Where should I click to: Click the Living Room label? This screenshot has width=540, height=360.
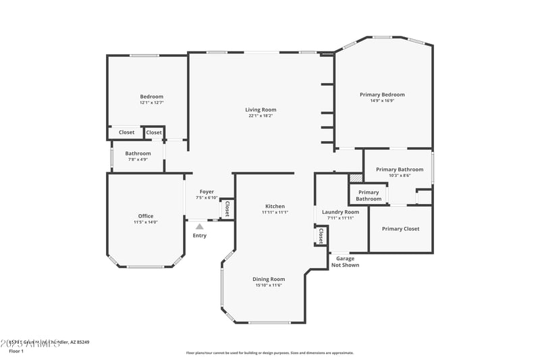point(260,109)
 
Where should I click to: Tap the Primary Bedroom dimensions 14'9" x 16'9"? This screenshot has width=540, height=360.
point(382,101)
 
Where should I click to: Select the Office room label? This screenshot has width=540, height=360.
point(146,216)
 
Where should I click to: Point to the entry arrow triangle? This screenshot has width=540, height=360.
point(199,227)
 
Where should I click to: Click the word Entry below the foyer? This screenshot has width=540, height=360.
point(200,236)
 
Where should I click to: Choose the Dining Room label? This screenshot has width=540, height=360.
point(269,279)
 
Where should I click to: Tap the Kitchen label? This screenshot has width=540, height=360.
point(275,206)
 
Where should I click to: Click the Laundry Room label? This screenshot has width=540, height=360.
point(340,212)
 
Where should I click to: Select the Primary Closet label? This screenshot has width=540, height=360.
point(400,229)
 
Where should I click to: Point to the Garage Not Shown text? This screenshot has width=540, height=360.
point(345,262)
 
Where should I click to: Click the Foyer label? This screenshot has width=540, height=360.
point(207,192)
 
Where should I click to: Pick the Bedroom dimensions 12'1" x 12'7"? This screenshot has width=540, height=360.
point(151,103)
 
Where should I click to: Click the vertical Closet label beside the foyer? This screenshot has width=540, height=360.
point(227,209)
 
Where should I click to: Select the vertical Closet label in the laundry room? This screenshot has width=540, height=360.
point(321,236)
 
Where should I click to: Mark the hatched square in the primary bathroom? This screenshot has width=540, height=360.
point(356,178)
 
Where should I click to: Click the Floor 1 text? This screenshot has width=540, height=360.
point(16,351)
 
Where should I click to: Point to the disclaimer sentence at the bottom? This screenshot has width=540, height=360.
point(269,353)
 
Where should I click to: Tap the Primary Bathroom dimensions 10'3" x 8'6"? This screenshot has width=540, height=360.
point(400,176)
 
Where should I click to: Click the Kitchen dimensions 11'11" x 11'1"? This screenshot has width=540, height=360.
point(275,213)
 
